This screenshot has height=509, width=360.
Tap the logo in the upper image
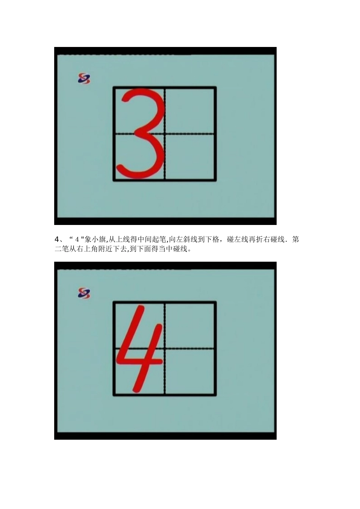(x=84, y=78)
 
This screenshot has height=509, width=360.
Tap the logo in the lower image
(x=84, y=293)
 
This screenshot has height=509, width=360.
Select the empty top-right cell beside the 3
(x=190, y=111)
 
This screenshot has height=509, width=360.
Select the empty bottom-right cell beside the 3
(x=190, y=157)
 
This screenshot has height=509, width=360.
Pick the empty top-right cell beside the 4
(x=190, y=325)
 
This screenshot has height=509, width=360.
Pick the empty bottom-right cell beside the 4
(x=190, y=372)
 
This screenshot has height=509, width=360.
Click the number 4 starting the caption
(x=57, y=240)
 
